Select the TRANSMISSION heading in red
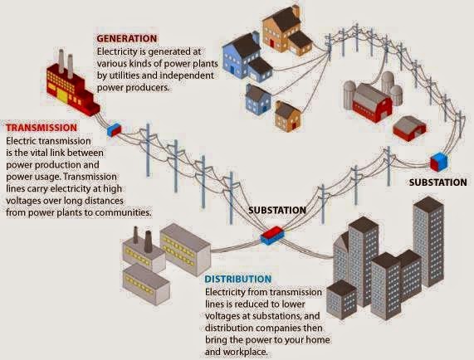tap(42, 129)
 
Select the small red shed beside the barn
tap(408, 128)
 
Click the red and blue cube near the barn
tap(437, 161)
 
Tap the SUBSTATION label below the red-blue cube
tap(437, 181)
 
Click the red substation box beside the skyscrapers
tap(272, 236)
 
